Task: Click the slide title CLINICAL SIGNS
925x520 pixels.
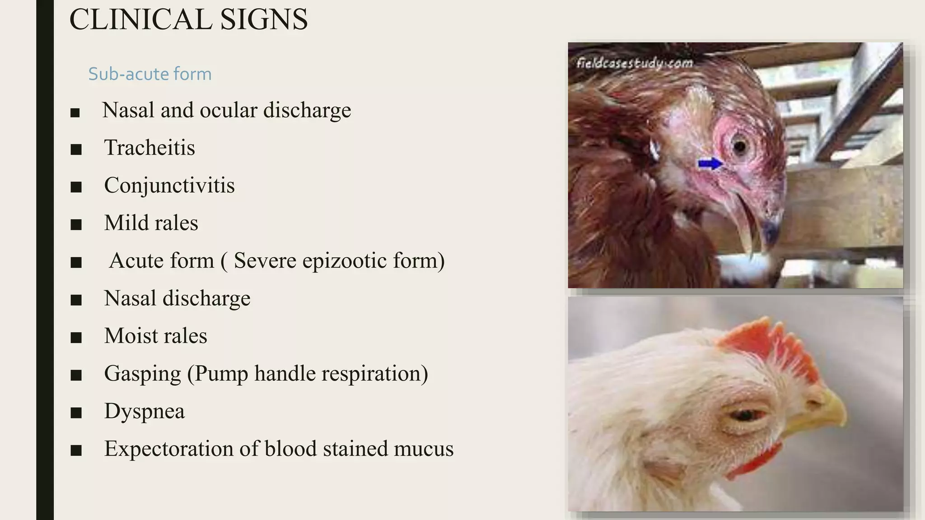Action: (188, 20)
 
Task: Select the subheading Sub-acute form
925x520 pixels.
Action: (149, 74)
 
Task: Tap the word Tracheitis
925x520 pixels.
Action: (149, 148)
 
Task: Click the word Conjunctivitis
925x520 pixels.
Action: (169, 186)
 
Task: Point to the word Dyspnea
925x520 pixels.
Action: (145, 411)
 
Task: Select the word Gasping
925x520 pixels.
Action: (142, 374)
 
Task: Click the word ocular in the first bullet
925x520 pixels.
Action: (228, 110)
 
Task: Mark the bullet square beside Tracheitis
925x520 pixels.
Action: (76, 149)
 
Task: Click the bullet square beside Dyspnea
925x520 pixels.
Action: (76, 413)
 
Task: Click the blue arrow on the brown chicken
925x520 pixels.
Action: (710, 163)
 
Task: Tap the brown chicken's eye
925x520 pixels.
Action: (739, 146)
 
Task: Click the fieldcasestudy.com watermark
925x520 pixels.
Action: (635, 63)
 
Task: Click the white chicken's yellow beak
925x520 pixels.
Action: (827, 409)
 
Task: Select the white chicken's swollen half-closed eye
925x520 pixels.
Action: (745, 414)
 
